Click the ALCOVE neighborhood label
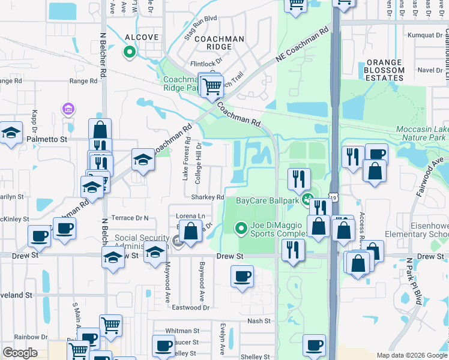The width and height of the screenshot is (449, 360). [x=142, y=37]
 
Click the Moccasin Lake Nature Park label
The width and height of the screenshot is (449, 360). [x=421, y=134]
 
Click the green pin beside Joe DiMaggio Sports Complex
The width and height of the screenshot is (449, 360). [x=241, y=228]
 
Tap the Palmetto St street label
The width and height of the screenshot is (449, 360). [x=46, y=139]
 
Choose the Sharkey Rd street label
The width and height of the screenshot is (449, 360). [x=208, y=197]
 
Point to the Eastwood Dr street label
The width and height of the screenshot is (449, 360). [x=190, y=307]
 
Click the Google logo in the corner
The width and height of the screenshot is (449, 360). [x=20, y=353]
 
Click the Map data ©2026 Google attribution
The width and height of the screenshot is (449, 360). [x=411, y=355]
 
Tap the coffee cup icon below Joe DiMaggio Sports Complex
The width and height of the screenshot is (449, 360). [x=242, y=277]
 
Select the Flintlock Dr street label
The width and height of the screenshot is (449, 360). [x=206, y=61]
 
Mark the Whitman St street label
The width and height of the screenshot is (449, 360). [x=182, y=331]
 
